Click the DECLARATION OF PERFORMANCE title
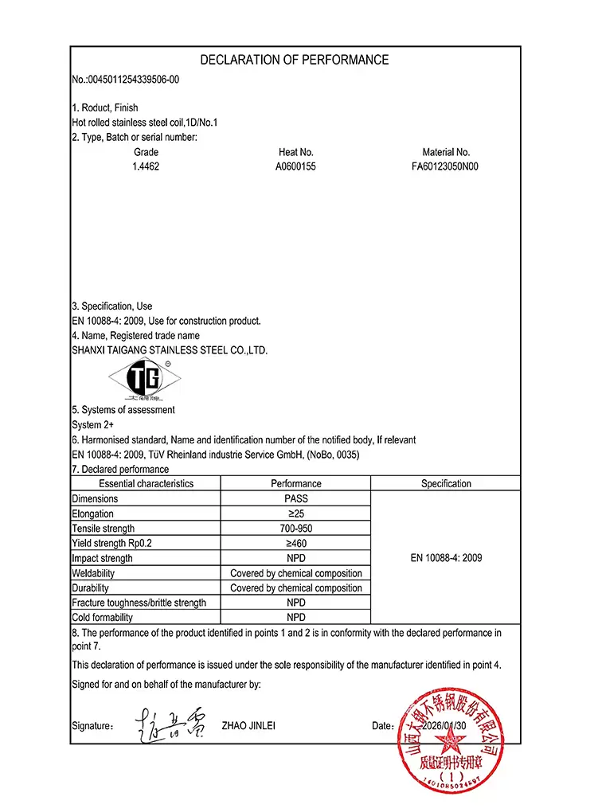point(295,60)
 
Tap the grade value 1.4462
point(146,167)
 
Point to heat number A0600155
point(295,167)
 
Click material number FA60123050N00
point(446,167)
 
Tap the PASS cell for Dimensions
point(295,498)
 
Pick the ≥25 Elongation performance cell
point(295,513)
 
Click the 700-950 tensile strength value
point(295,529)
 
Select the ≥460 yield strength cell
point(295,544)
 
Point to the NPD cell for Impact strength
point(295,558)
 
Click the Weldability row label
point(93,573)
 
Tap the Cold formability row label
point(102,618)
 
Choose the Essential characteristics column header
point(146,483)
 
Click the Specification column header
point(446,483)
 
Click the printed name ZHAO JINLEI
point(248,726)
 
